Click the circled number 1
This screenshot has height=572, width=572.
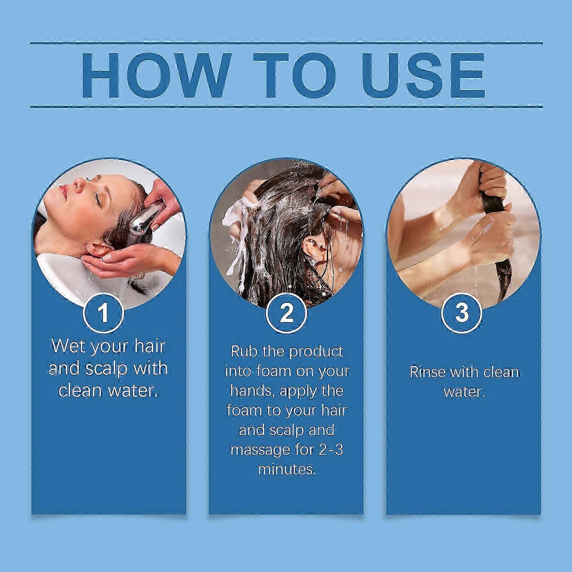[x=103, y=312]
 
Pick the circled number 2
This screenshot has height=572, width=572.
[x=286, y=313]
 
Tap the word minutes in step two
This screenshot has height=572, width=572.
[x=287, y=469]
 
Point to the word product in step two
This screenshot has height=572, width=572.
[x=316, y=352]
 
